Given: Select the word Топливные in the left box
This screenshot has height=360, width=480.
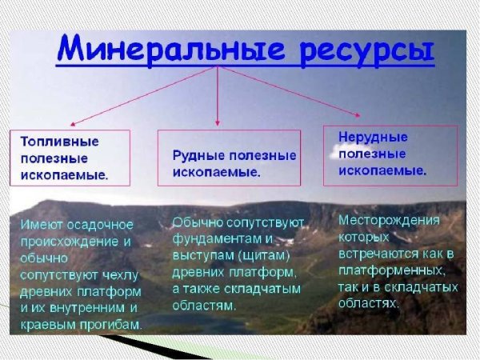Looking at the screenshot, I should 59,141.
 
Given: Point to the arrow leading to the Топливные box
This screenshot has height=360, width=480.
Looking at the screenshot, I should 144,97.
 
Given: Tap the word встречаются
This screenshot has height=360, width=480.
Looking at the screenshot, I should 376,254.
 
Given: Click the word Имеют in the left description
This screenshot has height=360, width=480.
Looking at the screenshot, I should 39,222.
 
